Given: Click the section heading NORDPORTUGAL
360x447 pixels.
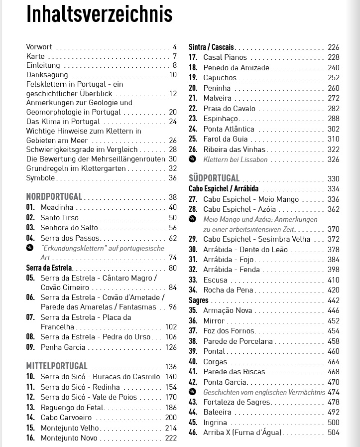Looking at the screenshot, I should click(x=54, y=197).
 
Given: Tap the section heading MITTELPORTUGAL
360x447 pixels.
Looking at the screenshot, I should click(x=56, y=366).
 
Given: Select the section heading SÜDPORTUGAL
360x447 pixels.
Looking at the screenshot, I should click(x=214, y=178).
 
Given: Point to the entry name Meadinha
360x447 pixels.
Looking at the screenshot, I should click(x=57, y=207).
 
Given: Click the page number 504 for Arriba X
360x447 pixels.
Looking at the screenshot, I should click(x=333, y=433).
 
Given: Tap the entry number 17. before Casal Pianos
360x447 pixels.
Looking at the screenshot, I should click(x=193, y=57).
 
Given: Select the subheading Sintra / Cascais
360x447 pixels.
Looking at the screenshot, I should click(x=211, y=47).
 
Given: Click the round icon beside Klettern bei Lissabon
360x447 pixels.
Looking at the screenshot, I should click(x=193, y=159).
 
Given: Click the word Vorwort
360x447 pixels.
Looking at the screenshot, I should click(x=39, y=47).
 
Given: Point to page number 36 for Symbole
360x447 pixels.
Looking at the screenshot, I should click(x=172, y=178).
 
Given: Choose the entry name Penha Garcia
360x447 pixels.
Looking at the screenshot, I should click(x=63, y=347).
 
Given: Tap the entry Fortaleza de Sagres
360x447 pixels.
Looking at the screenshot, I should click(x=237, y=402).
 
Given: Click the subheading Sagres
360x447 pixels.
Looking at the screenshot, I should click(x=199, y=300).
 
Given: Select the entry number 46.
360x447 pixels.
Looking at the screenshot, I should click(x=193, y=433).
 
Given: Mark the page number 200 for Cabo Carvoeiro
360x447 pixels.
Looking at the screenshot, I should click(x=171, y=418).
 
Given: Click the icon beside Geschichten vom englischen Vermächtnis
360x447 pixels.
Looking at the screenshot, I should click(x=193, y=392).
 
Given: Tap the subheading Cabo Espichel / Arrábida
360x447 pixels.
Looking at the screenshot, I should click(x=224, y=189).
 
